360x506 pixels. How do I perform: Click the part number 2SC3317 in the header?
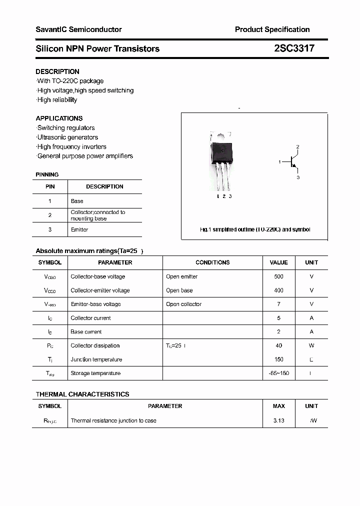294,48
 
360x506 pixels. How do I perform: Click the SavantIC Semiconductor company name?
78,29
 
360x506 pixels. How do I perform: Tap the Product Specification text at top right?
272,29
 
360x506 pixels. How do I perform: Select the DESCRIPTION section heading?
57,71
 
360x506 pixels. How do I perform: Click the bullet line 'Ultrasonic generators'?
67,137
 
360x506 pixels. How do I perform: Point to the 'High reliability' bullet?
57,100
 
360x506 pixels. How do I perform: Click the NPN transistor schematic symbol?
293,162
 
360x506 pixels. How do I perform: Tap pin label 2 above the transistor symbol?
297,146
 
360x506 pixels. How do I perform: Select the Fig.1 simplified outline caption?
254,229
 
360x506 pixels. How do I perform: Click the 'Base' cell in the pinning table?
77,201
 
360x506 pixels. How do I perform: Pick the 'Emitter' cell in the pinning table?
79,229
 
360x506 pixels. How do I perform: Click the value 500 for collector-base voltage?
278,276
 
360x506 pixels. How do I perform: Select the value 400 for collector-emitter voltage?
278,290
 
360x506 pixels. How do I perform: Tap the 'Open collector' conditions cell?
183,304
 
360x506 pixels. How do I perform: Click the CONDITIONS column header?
212,262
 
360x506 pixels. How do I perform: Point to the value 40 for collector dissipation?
278,345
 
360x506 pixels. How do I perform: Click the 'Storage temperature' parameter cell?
95,373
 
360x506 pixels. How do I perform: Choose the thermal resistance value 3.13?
278,420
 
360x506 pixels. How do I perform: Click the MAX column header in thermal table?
278,406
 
